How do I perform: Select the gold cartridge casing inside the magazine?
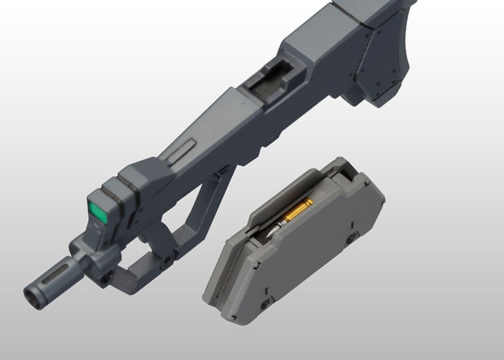[x=298, y=209]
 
